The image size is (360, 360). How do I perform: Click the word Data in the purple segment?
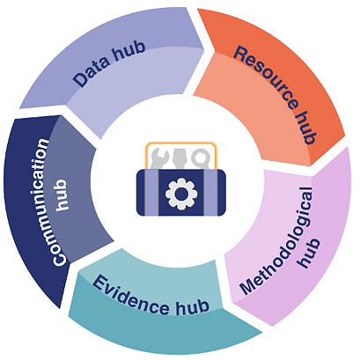[x=91, y=70]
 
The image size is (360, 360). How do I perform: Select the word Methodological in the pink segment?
[x=276, y=240]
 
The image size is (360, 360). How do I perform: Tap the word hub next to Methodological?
[x=309, y=253]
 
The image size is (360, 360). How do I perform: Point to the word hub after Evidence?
[x=193, y=307]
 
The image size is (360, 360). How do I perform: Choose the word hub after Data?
[x=129, y=51]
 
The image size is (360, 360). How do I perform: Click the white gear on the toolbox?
[x=181, y=194]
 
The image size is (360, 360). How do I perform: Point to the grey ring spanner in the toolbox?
[x=201, y=158]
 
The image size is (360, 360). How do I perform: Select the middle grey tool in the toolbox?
[x=180, y=158]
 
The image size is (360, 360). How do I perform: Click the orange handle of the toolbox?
[x=181, y=143]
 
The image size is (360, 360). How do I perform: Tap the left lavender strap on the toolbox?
[x=151, y=193]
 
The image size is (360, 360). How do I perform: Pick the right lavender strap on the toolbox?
[x=211, y=193]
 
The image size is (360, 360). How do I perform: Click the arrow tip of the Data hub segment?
[x=204, y=48]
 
